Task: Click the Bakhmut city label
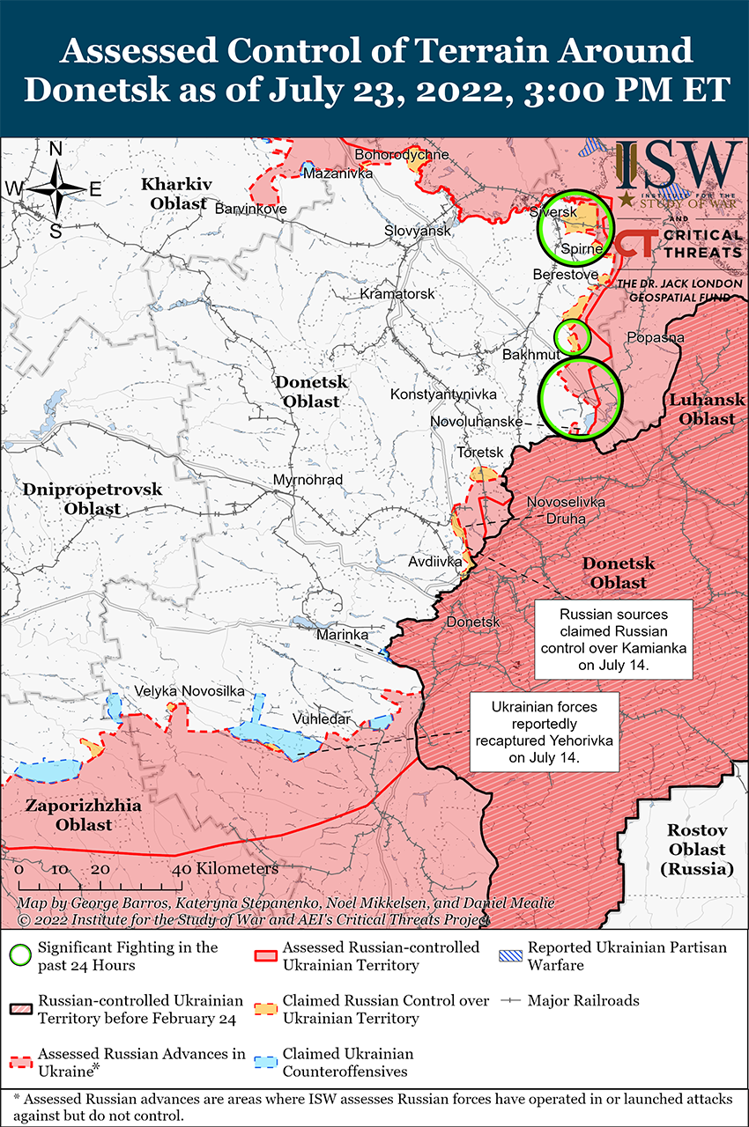pos(530,354)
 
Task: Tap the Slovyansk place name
pos(418,231)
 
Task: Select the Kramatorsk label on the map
pos(397,293)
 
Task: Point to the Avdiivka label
pos(432,561)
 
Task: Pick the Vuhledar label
pos(323,718)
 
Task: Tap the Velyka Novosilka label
pos(189,692)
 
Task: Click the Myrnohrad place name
pos(308,480)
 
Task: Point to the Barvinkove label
pos(251,210)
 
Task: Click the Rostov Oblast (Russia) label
pos(696,850)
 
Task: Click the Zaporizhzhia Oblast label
pos(68,815)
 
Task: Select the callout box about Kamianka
pos(613,640)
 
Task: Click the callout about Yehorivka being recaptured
pos(544,732)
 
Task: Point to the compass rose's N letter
pos(56,150)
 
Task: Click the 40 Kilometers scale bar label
pos(226,869)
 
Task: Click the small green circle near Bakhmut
pos(571,336)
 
